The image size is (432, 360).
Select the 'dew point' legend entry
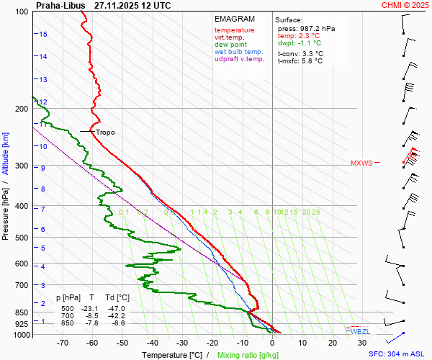230,45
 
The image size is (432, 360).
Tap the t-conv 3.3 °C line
300,53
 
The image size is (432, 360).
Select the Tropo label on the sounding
105,132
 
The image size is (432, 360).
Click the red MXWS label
361,163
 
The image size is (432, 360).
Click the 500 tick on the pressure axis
22,238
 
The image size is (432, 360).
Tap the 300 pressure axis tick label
22,166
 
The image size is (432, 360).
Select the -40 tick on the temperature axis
153,343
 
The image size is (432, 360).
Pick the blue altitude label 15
43,34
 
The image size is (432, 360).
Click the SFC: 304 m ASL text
397,354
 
